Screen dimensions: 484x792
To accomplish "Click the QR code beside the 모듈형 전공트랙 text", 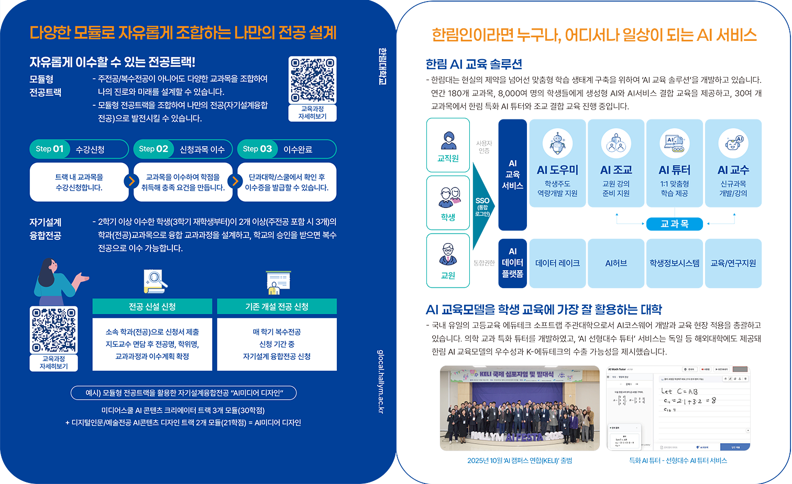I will (313, 80).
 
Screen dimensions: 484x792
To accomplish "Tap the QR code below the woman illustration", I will (54, 330).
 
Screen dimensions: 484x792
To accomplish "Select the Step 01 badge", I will (50, 149).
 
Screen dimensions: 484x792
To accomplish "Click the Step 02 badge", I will (153, 149).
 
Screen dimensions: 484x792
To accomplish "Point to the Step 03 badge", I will (257, 149).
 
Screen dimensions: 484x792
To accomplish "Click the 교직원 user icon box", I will (448, 145).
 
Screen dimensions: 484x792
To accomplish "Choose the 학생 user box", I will (448, 203).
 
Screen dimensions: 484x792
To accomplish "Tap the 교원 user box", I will (448, 261).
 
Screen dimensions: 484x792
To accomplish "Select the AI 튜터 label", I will (675, 170).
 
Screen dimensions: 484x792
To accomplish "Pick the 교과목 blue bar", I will (675, 224).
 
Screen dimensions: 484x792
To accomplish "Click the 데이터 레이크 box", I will (557, 263).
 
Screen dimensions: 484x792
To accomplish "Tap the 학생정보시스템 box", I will (675, 263).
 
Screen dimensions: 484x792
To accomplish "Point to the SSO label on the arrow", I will (482, 201).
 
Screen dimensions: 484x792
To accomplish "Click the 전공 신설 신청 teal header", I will (152, 306).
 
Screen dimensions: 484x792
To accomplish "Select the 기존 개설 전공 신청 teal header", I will (277, 306).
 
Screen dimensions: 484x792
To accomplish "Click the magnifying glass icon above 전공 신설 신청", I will (155, 281).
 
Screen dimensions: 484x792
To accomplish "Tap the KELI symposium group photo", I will (520, 408).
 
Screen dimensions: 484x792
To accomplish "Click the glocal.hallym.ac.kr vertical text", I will (381, 381).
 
